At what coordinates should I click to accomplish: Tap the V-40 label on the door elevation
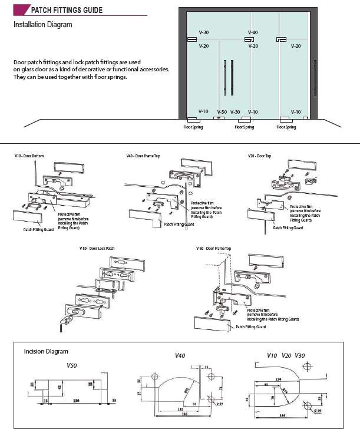click(x=253, y=32)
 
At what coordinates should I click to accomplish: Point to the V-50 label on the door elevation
click(x=222, y=112)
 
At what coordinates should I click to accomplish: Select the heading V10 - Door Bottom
click(x=29, y=156)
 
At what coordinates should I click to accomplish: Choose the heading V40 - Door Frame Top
click(x=143, y=156)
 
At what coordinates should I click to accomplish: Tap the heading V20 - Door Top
click(x=259, y=156)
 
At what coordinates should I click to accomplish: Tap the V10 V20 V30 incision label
click(x=286, y=355)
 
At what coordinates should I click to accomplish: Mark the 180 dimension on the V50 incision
click(x=75, y=401)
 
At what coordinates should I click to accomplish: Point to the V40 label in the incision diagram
click(x=180, y=356)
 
